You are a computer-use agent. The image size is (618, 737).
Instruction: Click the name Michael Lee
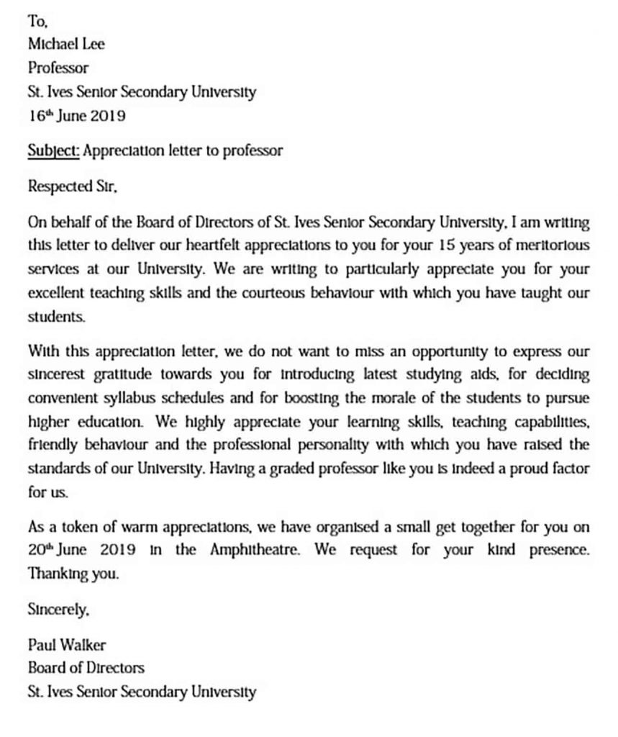[66, 45]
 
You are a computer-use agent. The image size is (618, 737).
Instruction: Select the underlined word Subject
[54, 150]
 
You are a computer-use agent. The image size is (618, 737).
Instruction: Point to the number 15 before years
[444, 245]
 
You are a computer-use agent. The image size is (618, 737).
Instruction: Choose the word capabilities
[548, 422]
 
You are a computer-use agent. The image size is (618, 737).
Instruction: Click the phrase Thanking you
[72, 574]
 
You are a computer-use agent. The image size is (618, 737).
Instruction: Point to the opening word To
[37, 22]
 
